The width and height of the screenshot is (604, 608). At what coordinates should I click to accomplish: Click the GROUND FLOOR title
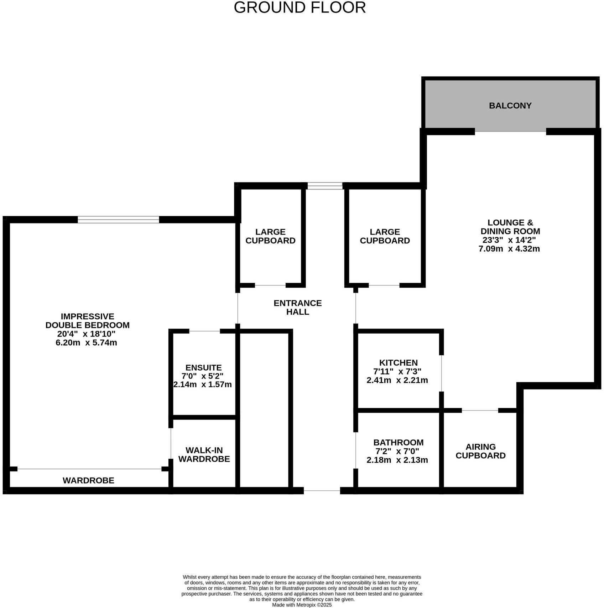pos(300,8)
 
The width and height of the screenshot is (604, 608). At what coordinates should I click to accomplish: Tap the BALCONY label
pos(510,105)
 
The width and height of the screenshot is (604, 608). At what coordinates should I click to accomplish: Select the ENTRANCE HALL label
pos(297,307)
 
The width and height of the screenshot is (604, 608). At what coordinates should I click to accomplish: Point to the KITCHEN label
pos(398,362)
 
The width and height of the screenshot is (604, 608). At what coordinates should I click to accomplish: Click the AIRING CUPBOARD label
pos(480,451)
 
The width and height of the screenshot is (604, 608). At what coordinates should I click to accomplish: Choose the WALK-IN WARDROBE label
pos(204,454)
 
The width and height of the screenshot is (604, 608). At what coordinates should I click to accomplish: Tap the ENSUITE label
pos(203,367)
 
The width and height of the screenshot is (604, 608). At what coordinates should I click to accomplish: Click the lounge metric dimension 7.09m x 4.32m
pos(509,249)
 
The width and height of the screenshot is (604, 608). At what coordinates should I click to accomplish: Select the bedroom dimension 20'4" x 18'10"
pos(86,334)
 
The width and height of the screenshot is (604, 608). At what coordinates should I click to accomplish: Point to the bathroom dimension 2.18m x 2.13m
pos(397,460)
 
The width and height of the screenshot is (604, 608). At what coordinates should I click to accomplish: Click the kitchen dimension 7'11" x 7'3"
pos(397,371)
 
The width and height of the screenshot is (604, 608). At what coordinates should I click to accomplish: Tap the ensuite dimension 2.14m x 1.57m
pos(202,385)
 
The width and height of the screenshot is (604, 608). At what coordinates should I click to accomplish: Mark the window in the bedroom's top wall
pos(118,220)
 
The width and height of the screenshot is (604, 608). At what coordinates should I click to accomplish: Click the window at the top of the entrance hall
pos(325,185)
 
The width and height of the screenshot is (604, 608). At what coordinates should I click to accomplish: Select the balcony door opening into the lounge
pos(510,132)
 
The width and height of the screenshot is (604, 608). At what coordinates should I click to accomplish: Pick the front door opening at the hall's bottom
pos(322,490)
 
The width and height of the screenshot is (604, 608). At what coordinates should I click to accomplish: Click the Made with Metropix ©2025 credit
pos(302,605)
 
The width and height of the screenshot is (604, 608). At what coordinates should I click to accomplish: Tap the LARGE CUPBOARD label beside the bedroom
pos(270,236)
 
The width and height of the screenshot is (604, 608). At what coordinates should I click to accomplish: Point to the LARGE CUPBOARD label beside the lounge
pos(385,236)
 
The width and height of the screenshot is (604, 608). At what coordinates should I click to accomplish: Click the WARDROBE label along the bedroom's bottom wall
pos(88,480)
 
